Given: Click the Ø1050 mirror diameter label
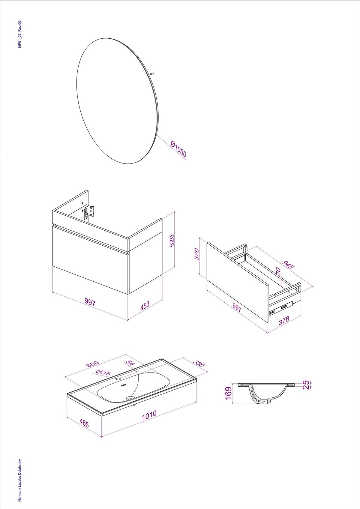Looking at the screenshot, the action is (179, 149).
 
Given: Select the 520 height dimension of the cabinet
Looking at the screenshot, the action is (172, 241).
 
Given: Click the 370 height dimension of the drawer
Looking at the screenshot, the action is (197, 254).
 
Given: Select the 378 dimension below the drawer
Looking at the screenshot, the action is (284, 320).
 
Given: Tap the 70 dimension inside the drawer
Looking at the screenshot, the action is (278, 271).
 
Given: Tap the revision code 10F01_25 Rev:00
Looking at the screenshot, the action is (19, 34).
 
